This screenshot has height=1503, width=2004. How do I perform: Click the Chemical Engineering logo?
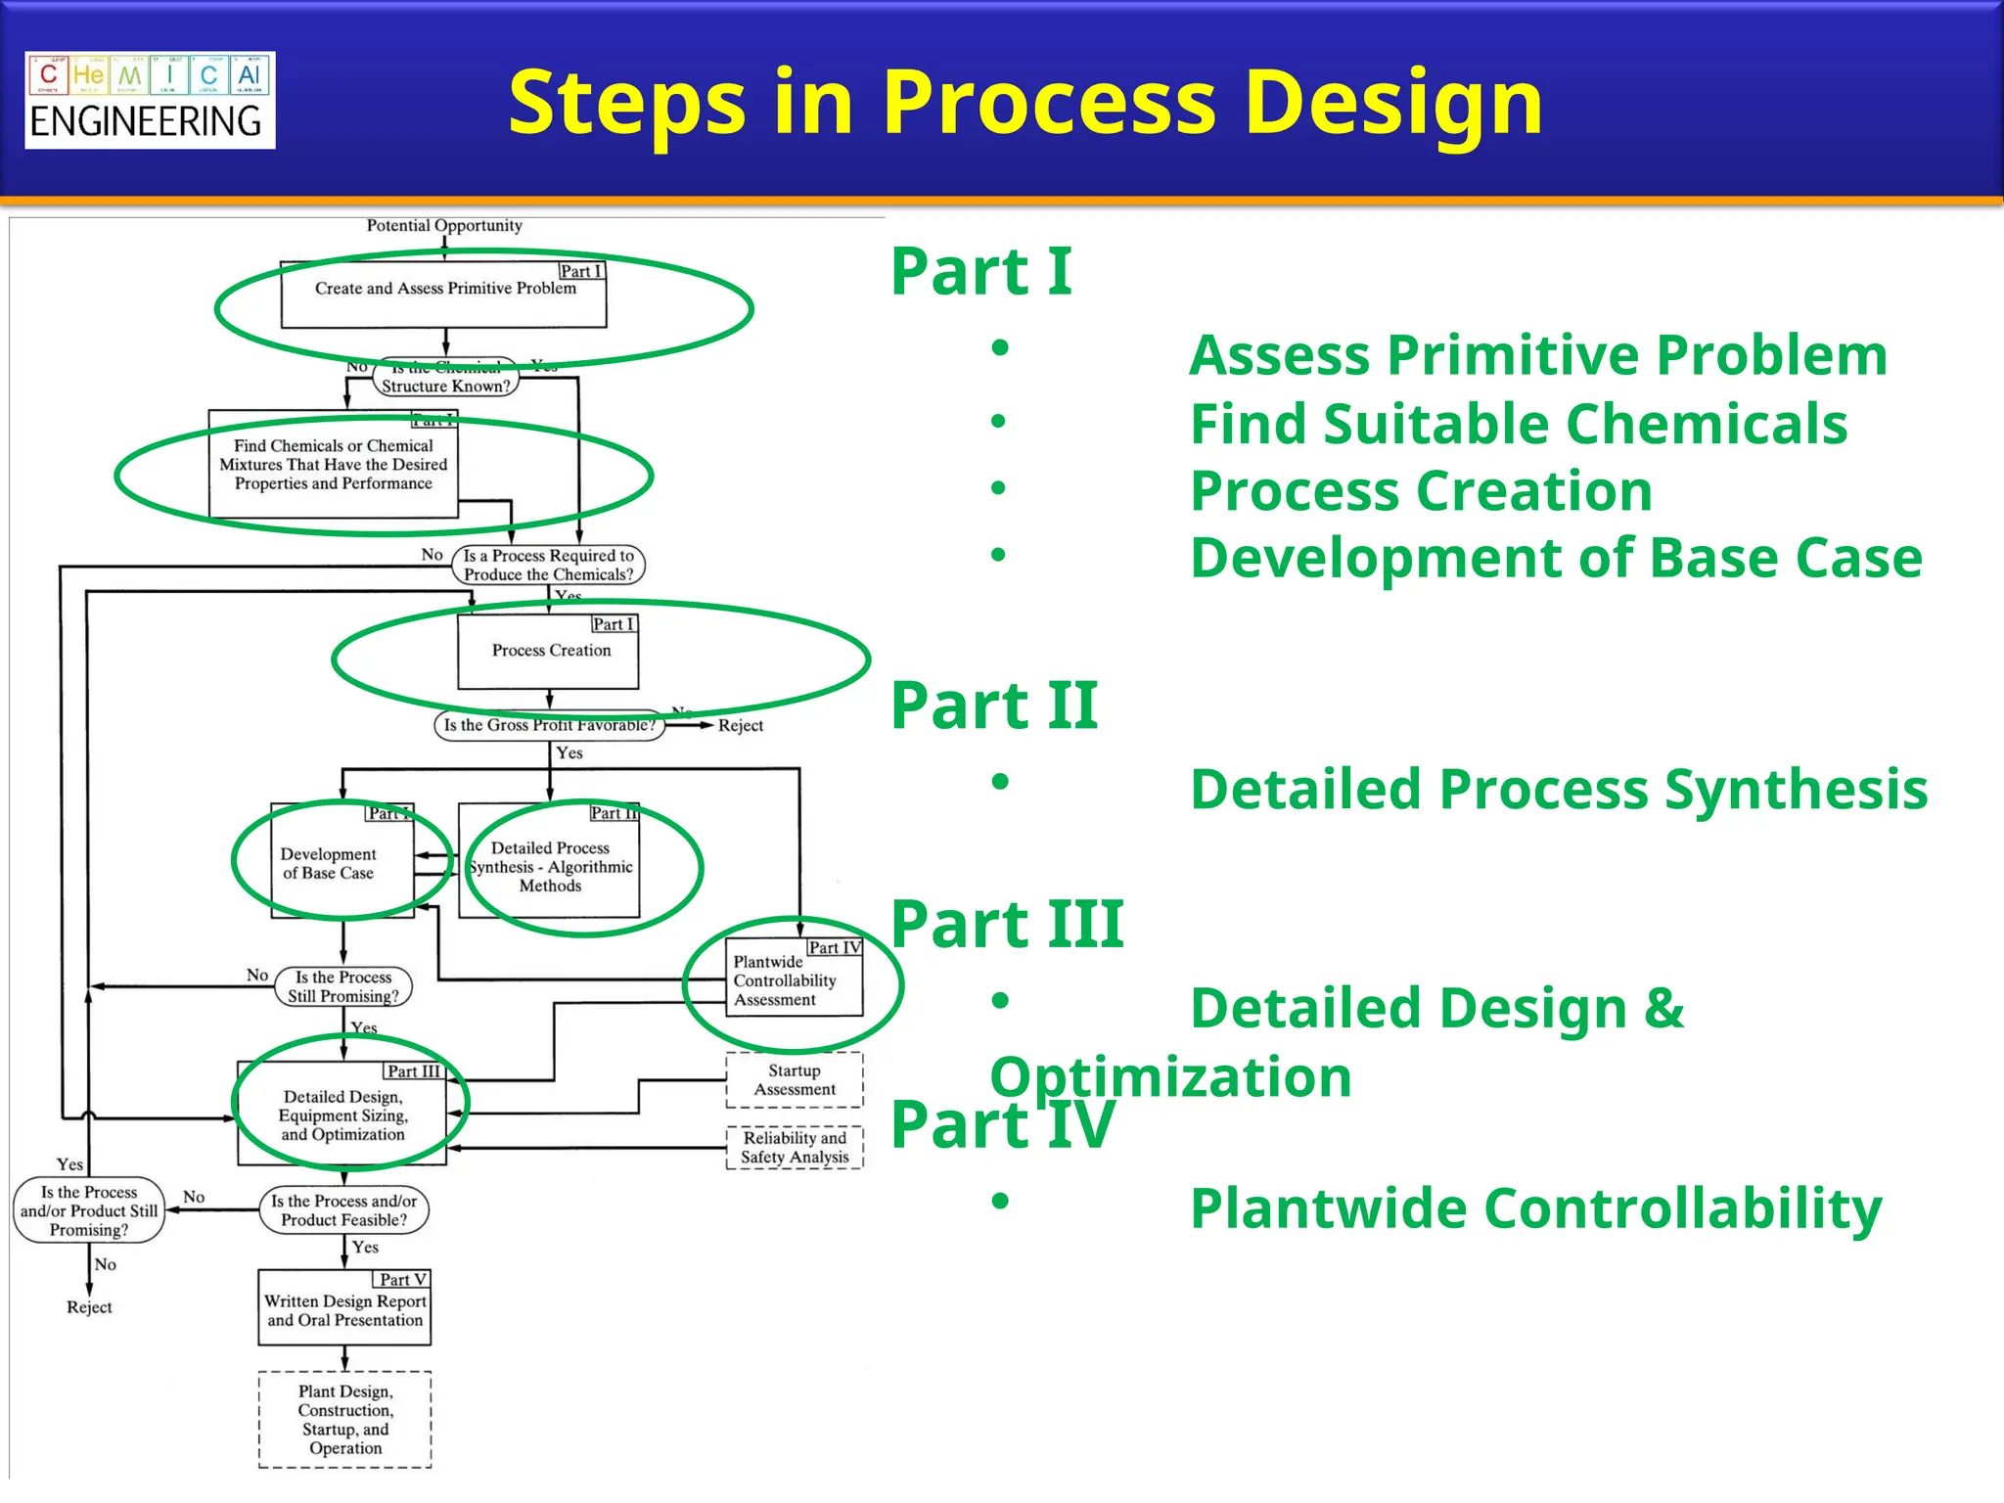tap(150, 100)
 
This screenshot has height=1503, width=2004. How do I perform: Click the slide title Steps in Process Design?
tap(1025, 102)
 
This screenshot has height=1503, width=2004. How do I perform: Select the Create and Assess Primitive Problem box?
tap(444, 294)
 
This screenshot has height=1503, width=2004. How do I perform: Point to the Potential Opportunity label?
tap(444, 226)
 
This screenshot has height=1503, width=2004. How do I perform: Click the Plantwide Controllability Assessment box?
tap(793, 980)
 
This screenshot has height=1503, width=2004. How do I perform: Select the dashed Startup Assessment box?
tap(795, 1080)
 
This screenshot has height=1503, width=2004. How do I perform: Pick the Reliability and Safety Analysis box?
tap(795, 1148)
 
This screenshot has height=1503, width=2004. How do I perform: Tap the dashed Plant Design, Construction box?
tap(344, 1420)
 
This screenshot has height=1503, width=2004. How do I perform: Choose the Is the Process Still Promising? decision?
tap(343, 986)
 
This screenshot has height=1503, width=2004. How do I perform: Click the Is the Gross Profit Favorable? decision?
tap(549, 725)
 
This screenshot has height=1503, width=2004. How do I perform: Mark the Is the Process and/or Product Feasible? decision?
tap(344, 1210)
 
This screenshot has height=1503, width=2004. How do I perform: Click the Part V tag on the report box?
tap(402, 1280)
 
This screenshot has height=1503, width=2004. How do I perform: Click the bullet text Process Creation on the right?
tap(1421, 491)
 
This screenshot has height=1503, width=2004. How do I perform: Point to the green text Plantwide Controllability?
tap(1535, 1208)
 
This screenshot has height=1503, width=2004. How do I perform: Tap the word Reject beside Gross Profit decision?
tap(740, 726)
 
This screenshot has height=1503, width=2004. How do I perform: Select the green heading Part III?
tap(1007, 924)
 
